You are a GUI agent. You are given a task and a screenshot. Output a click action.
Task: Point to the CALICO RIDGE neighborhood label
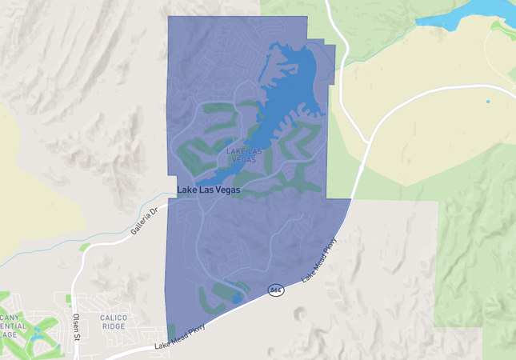point(114,322)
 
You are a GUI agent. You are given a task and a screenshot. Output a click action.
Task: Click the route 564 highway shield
point(276,290)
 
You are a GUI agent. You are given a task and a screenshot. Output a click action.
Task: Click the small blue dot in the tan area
point(487,102)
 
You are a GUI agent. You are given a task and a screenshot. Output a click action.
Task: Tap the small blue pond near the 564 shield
point(236,298)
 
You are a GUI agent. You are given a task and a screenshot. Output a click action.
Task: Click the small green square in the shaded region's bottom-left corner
point(171,331)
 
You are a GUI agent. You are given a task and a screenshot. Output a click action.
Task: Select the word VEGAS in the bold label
point(234,190)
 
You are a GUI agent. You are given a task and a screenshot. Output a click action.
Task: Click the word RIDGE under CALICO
point(114,326)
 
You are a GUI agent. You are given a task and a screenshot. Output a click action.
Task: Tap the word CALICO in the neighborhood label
point(114,317)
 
